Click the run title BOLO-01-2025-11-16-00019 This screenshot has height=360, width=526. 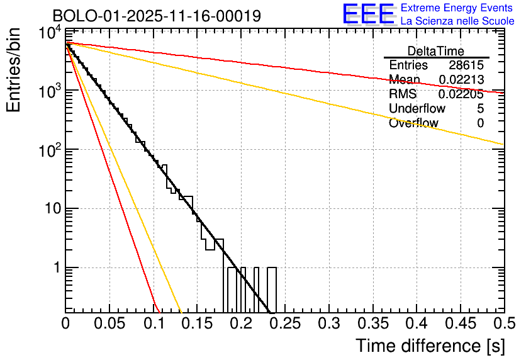(157, 16)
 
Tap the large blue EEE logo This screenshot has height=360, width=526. (368, 14)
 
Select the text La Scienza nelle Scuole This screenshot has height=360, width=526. (457, 21)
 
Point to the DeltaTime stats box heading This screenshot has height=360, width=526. (436, 51)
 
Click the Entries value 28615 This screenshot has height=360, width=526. (466, 65)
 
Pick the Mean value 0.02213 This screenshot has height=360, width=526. (461, 80)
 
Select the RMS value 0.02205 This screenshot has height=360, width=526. (461, 94)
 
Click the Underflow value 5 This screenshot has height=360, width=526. (480, 109)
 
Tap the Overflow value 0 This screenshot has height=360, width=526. (480, 123)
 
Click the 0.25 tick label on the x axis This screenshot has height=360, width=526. (284, 324)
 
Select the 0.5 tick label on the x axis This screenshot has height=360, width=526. (503, 324)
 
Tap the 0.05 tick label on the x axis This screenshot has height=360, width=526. (109, 324)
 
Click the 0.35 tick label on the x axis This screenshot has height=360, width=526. (372, 324)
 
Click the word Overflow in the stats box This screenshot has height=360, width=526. (413, 123)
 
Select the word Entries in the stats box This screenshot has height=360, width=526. (408, 65)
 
